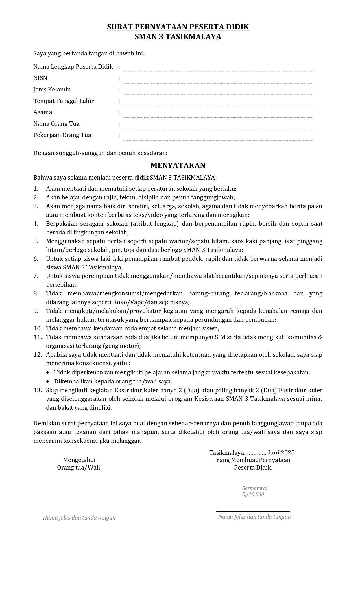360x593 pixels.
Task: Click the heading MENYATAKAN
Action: [x=178, y=165]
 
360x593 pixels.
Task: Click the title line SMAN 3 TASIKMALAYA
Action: [x=178, y=37]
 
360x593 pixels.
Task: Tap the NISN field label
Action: [x=40, y=78]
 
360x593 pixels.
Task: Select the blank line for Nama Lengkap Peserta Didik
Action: [x=218, y=71]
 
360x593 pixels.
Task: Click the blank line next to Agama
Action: [x=218, y=117]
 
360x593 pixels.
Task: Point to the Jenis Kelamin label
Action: [x=52, y=90]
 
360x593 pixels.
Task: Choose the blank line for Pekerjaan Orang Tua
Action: [x=218, y=139]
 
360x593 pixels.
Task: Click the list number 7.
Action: [x=36, y=276]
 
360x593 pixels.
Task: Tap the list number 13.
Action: [x=38, y=390]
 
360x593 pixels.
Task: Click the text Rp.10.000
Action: [x=253, y=494]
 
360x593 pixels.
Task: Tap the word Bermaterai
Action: [x=254, y=488]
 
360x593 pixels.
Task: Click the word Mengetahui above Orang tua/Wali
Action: [x=79, y=460]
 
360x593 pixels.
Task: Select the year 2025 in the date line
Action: [x=288, y=453]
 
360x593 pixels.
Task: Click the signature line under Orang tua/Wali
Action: [x=78, y=513]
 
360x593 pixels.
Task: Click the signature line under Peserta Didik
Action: [x=253, y=511]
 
